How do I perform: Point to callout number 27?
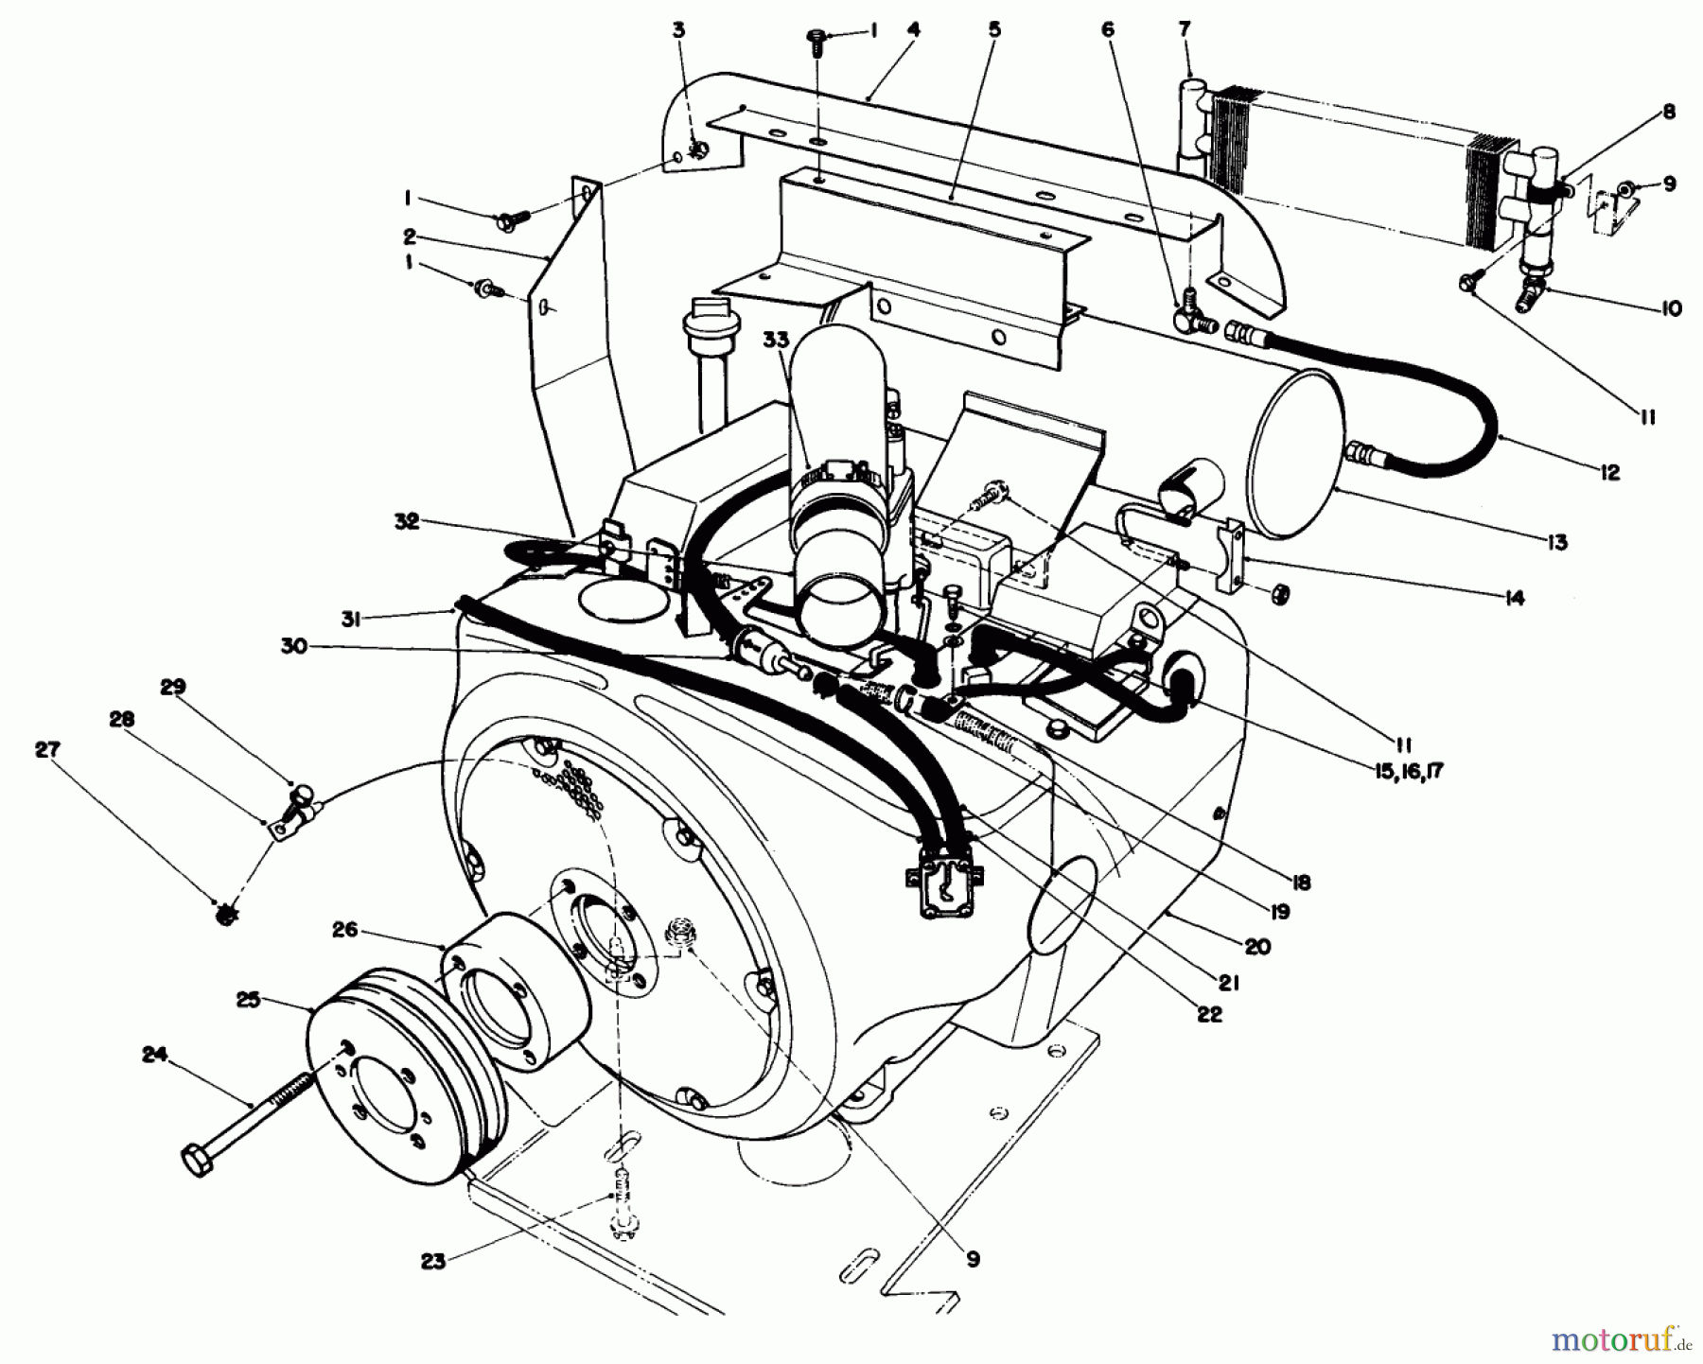click(47, 750)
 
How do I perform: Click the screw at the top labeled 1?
click(815, 36)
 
